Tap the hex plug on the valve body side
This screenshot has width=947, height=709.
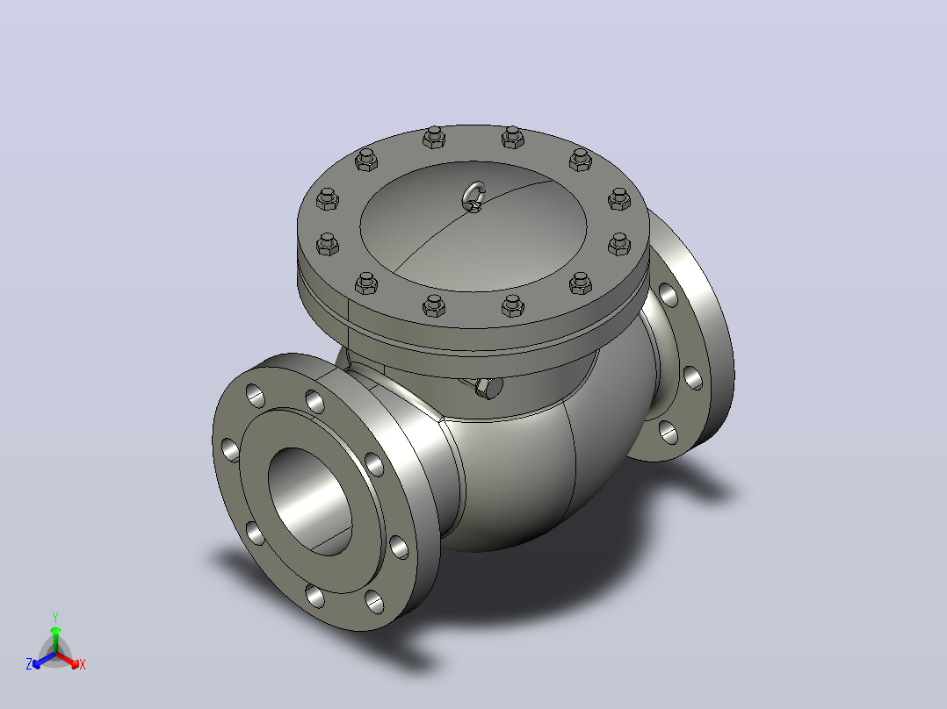(x=489, y=388)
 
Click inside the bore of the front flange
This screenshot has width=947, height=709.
(x=309, y=501)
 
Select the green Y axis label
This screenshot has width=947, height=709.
(x=55, y=617)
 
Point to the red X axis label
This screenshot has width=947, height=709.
(x=83, y=664)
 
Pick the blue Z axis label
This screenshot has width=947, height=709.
(x=28, y=664)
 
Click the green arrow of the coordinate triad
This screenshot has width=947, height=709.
(x=55, y=639)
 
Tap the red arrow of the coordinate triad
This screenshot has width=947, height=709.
(x=68, y=660)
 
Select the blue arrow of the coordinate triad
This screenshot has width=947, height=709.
(x=44, y=660)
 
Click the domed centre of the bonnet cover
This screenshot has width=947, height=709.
(x=473, y=226)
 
